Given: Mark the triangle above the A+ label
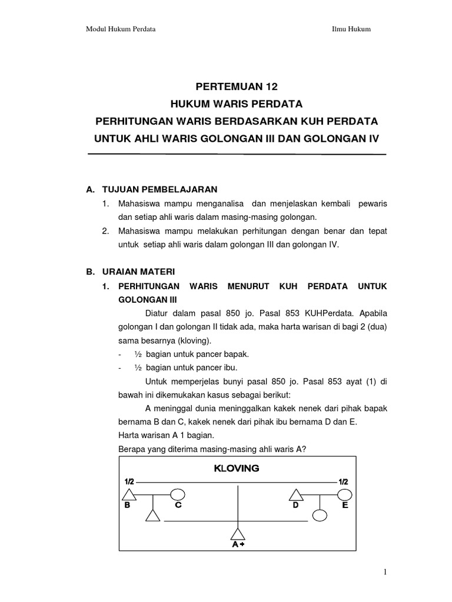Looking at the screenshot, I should [237, 534].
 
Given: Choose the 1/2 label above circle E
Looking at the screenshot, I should [343, 481].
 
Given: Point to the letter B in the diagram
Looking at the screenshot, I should [127, 504].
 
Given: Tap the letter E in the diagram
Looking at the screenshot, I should [345, 504].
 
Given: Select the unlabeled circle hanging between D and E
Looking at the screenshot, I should [320, 515].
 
